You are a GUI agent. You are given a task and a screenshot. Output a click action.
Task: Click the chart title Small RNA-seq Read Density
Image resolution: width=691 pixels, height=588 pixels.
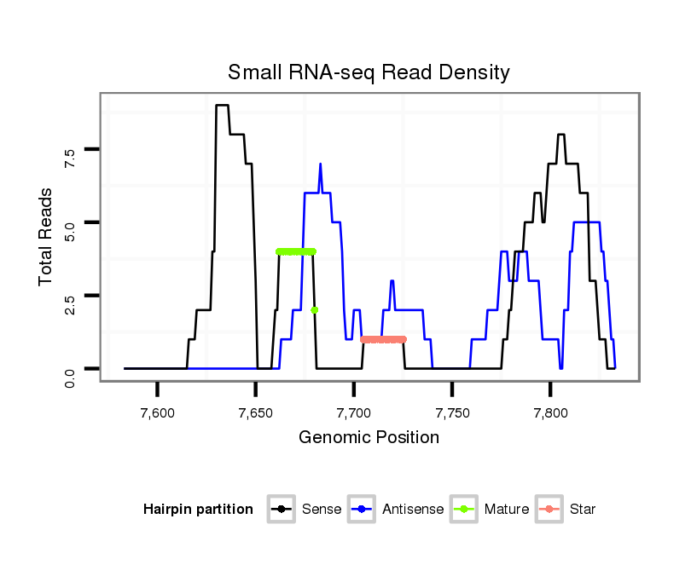pos(369,72)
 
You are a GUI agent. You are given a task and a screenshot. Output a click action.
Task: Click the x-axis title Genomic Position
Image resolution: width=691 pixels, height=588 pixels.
pos(369,438)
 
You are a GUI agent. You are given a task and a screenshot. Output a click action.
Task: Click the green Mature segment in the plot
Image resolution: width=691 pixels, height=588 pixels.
pos(296,251)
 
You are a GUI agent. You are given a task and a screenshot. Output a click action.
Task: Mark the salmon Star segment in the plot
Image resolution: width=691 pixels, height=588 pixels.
pos(383,339)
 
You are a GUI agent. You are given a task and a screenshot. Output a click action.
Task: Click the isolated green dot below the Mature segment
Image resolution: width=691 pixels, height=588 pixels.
pos(315,309)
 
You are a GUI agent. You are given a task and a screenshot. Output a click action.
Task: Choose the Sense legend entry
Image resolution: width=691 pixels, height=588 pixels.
pos(305,510)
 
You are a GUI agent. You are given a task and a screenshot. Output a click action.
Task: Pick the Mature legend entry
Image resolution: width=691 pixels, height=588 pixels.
pos(490,510)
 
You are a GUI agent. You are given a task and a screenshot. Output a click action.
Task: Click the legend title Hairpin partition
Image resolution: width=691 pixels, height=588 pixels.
pos(198,510)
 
